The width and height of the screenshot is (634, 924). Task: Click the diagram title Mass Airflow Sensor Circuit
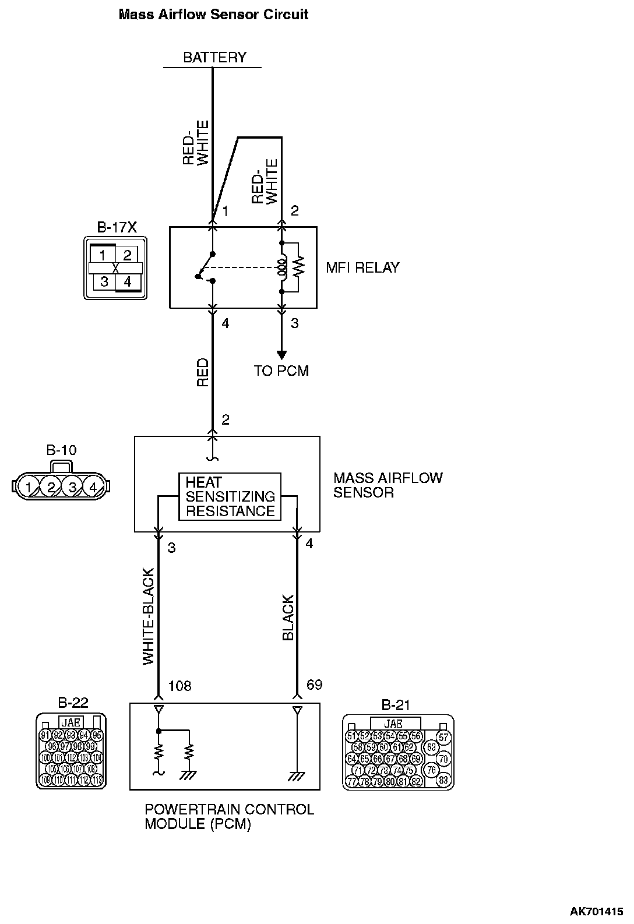pyautogui.click(x=213, y=15)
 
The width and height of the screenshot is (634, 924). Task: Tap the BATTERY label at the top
pyautogui.click(x=214, y=57)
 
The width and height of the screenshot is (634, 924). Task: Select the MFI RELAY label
pyautogui.click(x=362, y=268)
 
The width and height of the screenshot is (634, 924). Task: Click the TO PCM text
pyautogui.click(x=281, y=371)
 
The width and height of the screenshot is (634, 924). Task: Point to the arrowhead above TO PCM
pyautogui.click(x=281, y=355)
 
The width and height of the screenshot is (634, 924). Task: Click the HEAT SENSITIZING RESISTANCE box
pyautogui.click(x=230, y=497)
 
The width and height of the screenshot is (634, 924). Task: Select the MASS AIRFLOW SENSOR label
pyautogui.click(x=388, y=485)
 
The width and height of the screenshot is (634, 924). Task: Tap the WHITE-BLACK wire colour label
pyautogui.click(x=149, y=616)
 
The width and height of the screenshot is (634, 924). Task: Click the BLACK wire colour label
pyautogui.click(x=288, y=618)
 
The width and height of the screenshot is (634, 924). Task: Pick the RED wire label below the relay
pyautogui.click(x=203, y=373)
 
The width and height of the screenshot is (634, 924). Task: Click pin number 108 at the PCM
pyautogui.click(x=179, y=686)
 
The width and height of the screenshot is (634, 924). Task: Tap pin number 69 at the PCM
pyautogui.click(x=314, y=685)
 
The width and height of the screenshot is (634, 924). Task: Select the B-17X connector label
pyautogui.click(x=117, y=227)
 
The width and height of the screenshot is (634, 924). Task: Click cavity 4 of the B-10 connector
pyautogui.click(x=92, y=486)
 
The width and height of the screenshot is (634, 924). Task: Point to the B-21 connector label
pyautogui.click(x=396, y=705)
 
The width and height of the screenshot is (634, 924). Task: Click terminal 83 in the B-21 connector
pyautogui.click(x=443, y=780)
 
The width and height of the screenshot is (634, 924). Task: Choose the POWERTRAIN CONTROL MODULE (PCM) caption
pyautogui.click(x=229, y=817)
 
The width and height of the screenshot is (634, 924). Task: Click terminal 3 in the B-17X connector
pyautogui.click(x=104, y=282)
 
